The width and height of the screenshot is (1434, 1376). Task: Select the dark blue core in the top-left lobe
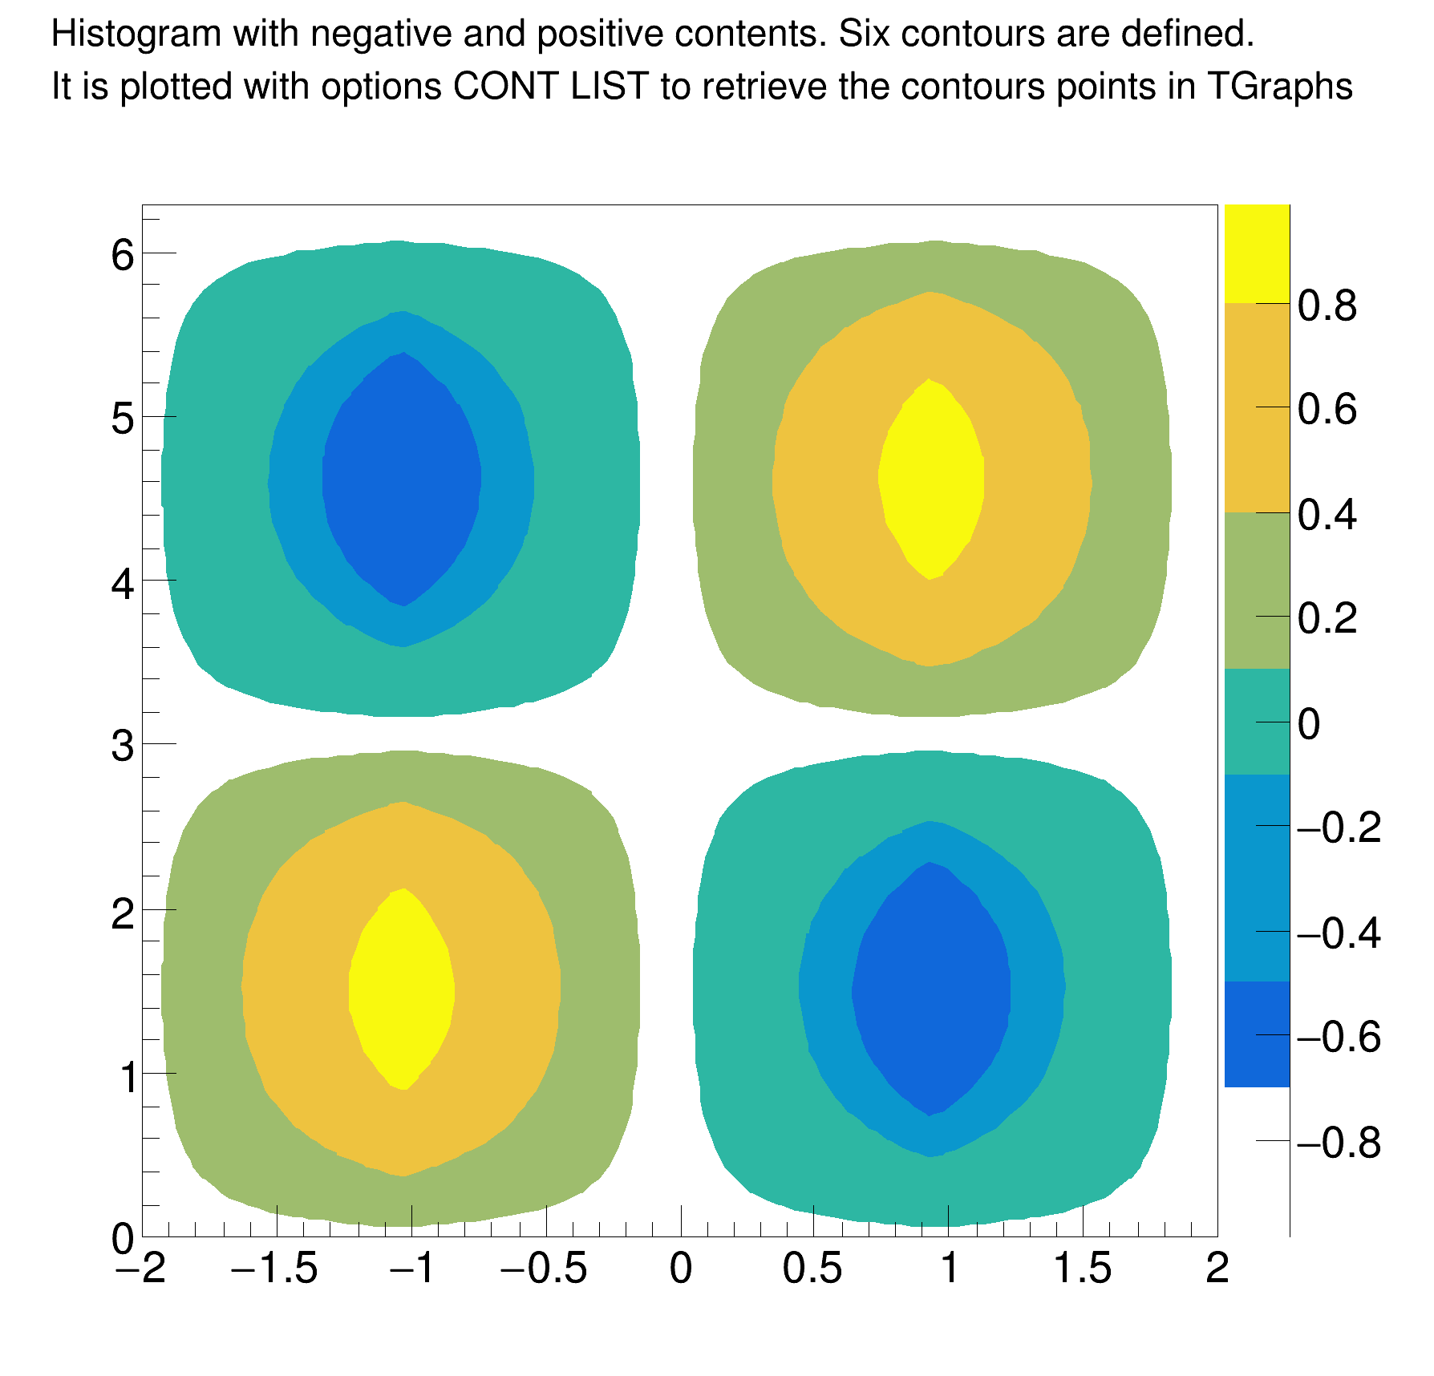[x=402, y=479]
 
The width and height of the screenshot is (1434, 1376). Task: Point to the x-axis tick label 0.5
[x=812, y=1269]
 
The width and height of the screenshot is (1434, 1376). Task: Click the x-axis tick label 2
[x=1217, y=1269]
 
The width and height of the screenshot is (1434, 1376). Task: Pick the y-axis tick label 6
[x=123, y=256]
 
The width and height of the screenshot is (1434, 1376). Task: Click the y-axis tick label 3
[x=123, y=747]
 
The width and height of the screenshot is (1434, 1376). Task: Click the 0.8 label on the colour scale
[x=1327, y=306]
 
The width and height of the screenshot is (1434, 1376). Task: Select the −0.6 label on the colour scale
[x=1339, y=1037]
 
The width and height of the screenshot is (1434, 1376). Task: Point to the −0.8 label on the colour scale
[x=1339, y=1142]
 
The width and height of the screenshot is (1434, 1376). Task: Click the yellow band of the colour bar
[x=1257, y=253]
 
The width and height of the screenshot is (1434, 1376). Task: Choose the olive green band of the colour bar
[x=1257, y=589]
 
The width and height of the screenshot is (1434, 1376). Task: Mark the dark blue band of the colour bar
[x=1257, y=1034]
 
